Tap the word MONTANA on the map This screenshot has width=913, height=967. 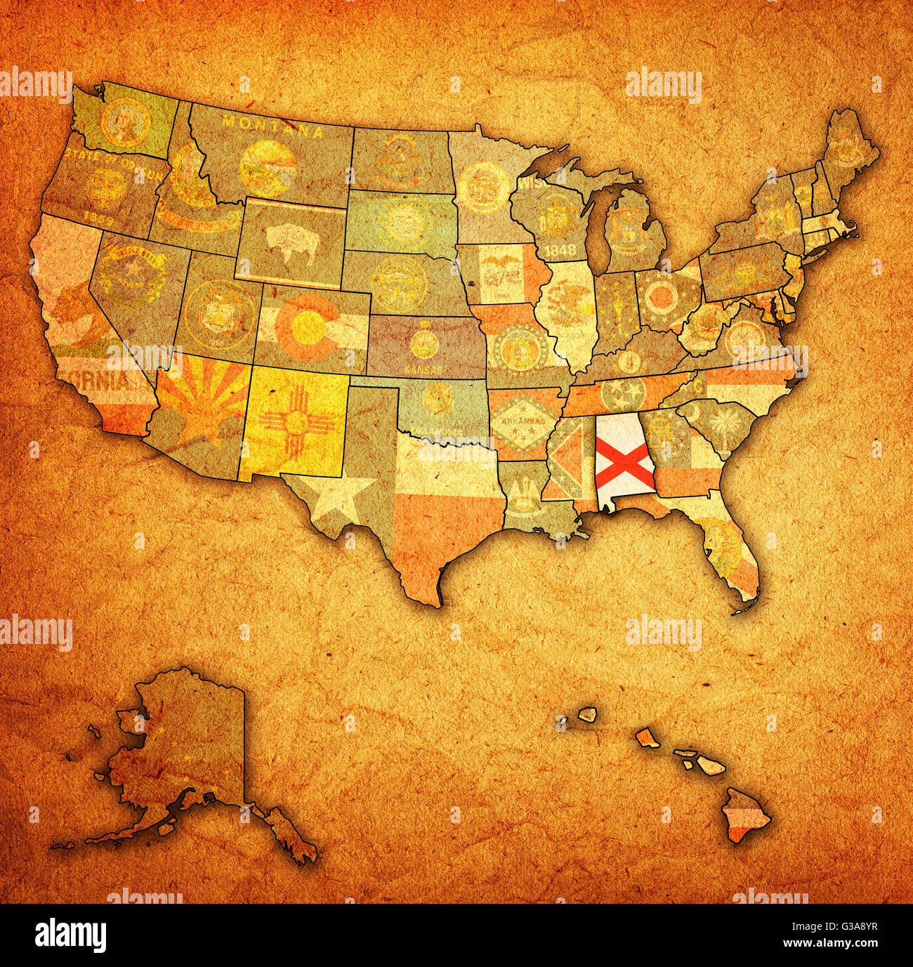point(270,126)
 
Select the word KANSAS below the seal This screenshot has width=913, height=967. point(423,369)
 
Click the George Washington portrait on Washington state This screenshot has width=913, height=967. point(125,121)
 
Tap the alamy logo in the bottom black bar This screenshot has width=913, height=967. point(70,935)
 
